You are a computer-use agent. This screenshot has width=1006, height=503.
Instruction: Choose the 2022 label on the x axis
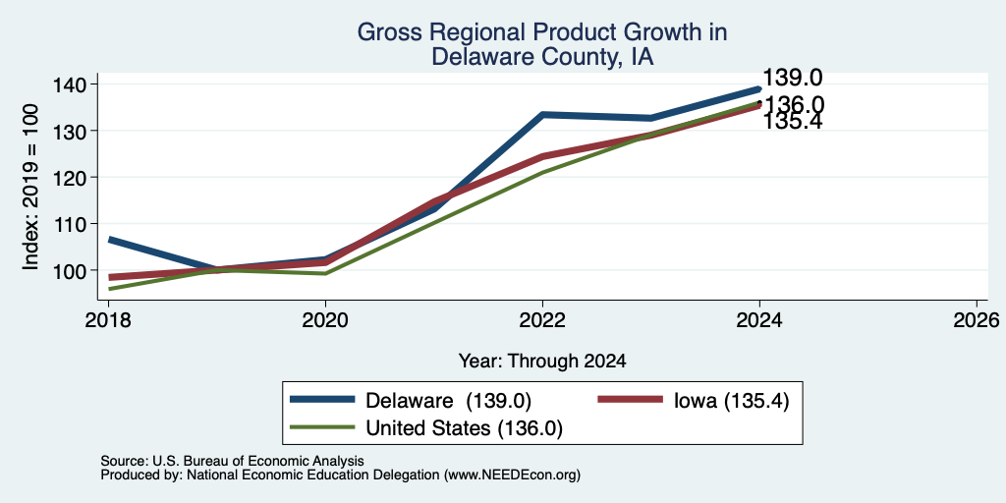point(542,319)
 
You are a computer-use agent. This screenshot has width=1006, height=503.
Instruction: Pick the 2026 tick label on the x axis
point(977,319)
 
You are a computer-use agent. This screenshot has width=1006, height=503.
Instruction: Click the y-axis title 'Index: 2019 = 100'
point(30,187)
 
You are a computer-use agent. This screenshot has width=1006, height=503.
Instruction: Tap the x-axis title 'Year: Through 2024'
point(542,362)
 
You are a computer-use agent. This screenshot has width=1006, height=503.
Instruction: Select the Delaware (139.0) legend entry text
point(448,401)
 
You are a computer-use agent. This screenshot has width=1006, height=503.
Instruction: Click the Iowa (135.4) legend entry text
point(731,401)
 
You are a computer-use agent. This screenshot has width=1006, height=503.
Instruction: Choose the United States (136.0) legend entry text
point(464,428)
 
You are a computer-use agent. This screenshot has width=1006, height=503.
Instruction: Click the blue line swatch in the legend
point(322,399)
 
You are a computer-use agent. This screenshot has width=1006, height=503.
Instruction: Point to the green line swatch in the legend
point(322,426)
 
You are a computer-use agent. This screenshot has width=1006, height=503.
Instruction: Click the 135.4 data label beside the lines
point(793,121)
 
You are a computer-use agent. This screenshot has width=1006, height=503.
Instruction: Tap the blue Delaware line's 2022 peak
point(542,115)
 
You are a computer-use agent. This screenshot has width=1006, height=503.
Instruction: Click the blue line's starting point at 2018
point(110,240)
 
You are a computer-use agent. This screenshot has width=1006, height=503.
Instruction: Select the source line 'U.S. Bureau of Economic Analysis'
point(258,461)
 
